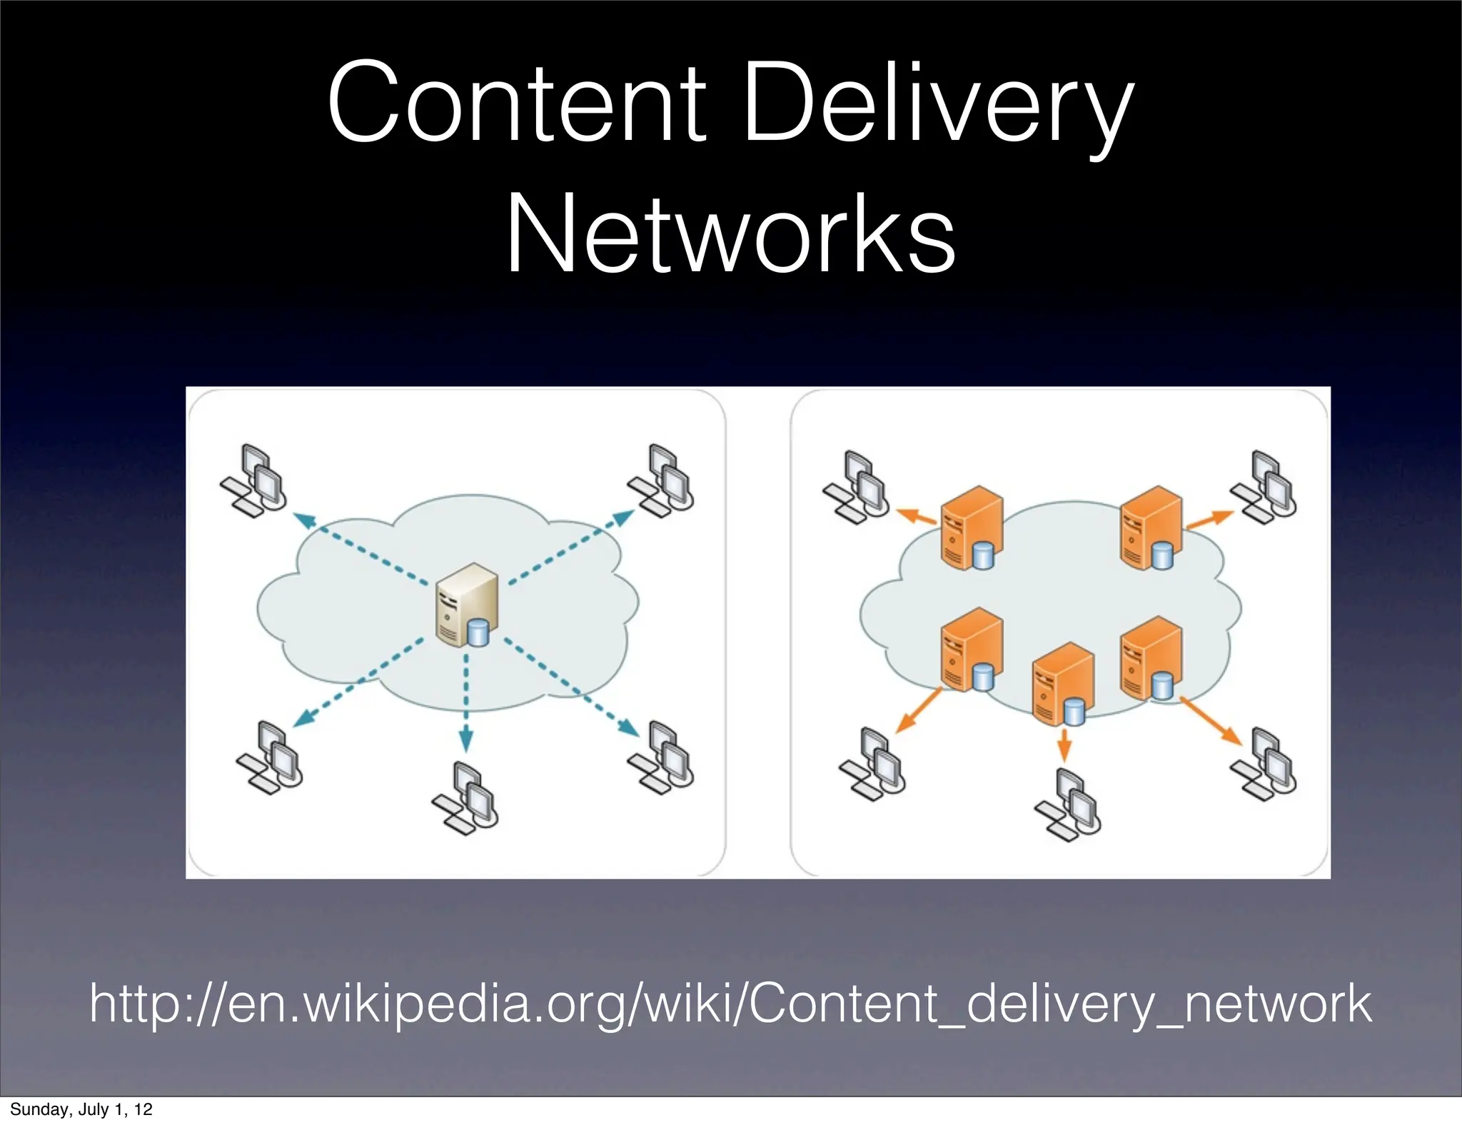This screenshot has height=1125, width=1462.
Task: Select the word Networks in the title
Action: pyautogui.click(x=730, y=234)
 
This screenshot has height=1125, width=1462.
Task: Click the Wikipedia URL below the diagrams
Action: pyautogui.click(x=730, y=1004)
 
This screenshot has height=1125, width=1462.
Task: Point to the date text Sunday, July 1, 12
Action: pyautogui.click(x=81, y=1109)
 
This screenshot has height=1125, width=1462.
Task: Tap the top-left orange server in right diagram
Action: pyautogui.click(x=970, y=528)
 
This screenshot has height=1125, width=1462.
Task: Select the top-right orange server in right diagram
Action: pyautogui.click(x=1149, y=528)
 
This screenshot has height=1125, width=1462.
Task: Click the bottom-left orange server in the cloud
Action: pyautogui.click(x=970, y=650)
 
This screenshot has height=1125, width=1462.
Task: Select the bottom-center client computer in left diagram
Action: pyautogui.click(x=465, y=798)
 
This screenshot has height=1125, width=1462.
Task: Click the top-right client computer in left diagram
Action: pyautogui.click(x=661, y=479)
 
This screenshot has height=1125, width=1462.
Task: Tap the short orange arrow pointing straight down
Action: pyautogui.click(x=1064, y=745)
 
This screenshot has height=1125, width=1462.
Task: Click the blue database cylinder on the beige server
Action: pyautogui.click(x=478, y=632)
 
